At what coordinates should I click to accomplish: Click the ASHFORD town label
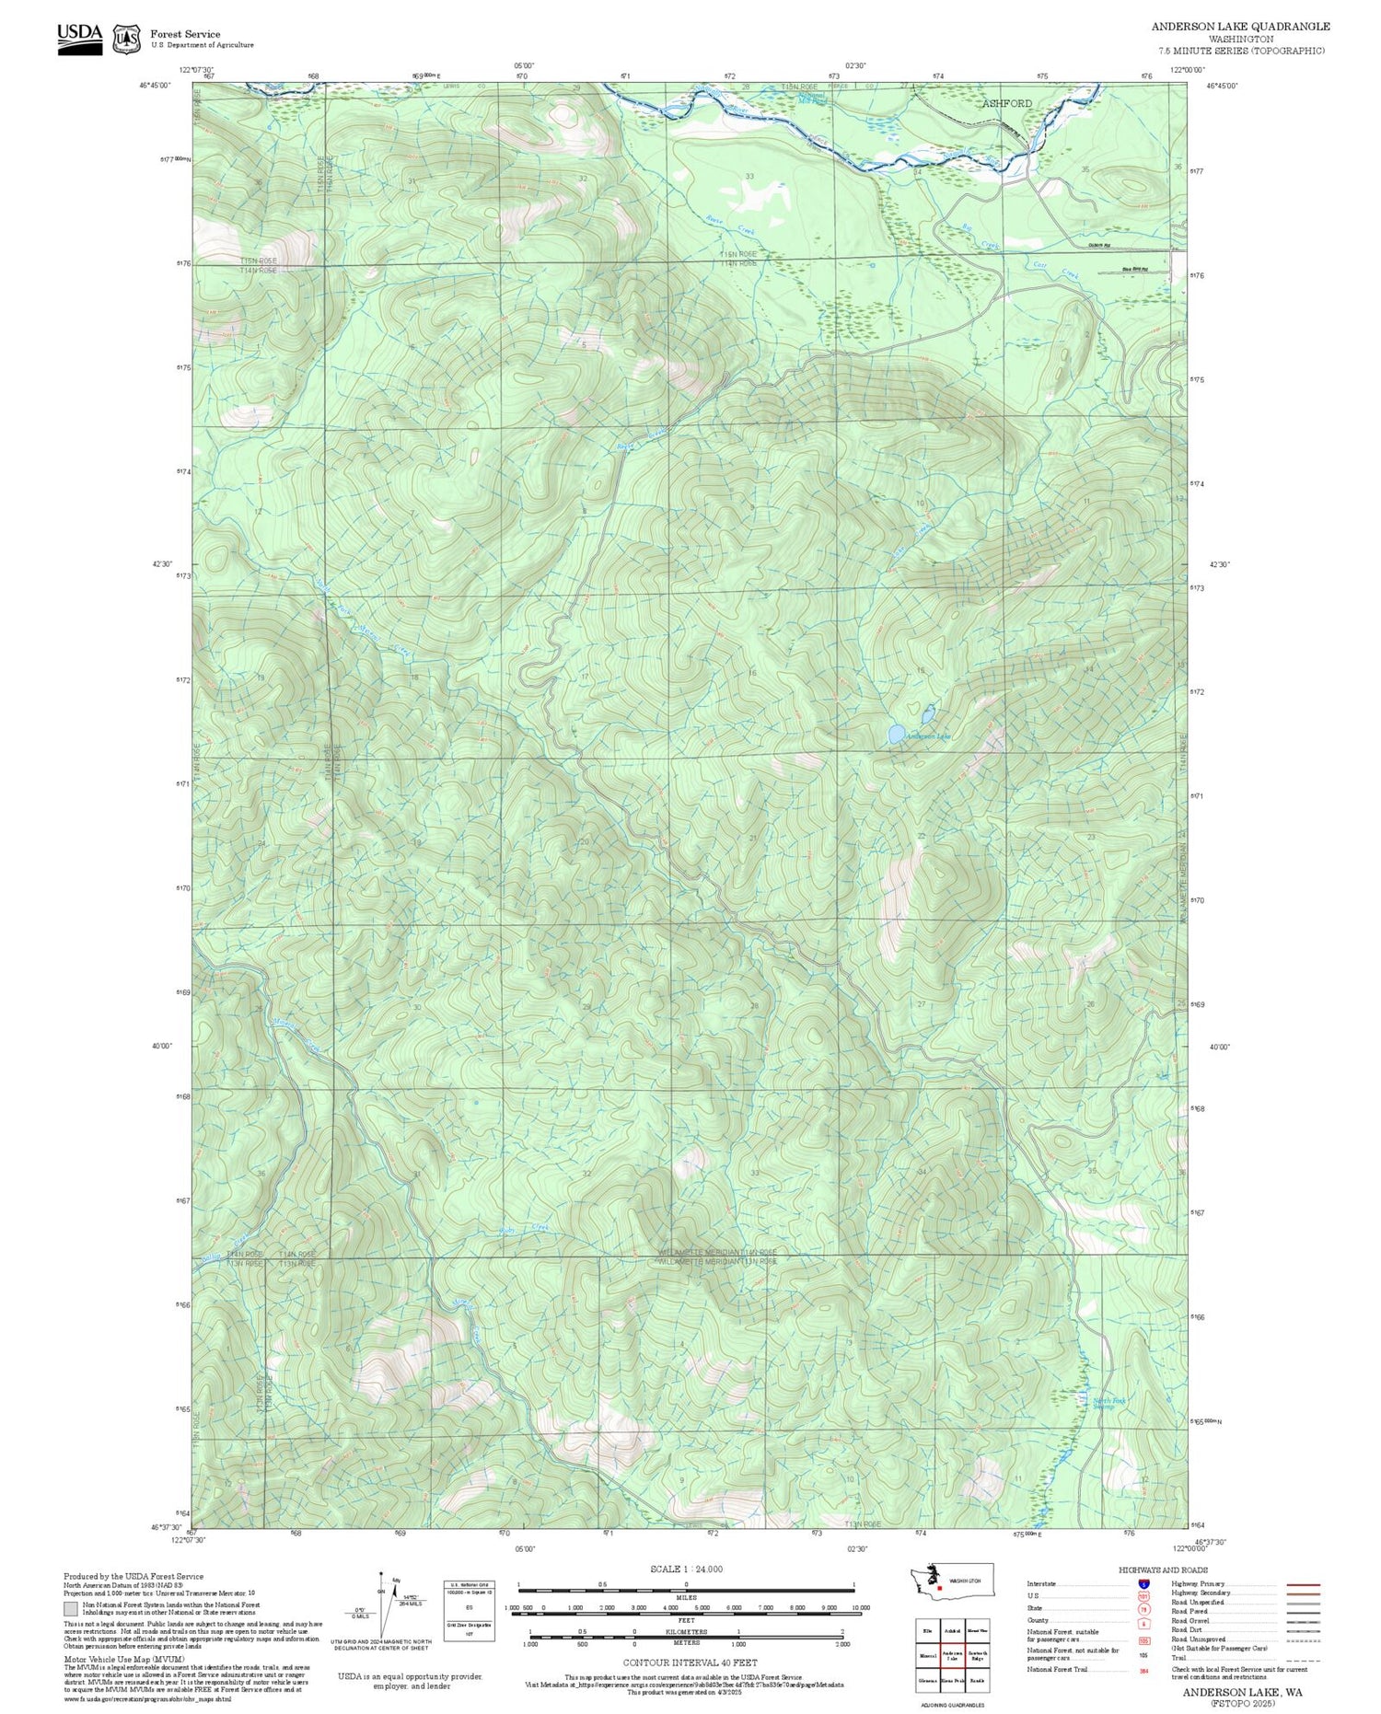(1006, 103)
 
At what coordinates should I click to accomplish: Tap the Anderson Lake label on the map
(928, 736)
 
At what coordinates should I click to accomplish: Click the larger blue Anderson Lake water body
(895, 734)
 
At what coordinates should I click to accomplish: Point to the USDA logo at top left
(80, 38)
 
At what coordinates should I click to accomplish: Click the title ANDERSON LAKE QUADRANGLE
(1240, 26)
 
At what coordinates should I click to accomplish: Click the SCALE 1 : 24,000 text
(686, 1569)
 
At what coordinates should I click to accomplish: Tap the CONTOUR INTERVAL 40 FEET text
(690, 1662)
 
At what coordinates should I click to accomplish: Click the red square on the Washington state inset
(939, 1587)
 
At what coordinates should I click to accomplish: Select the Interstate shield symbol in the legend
(1143, 1583)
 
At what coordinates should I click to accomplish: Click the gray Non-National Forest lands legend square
(71, 1609)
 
